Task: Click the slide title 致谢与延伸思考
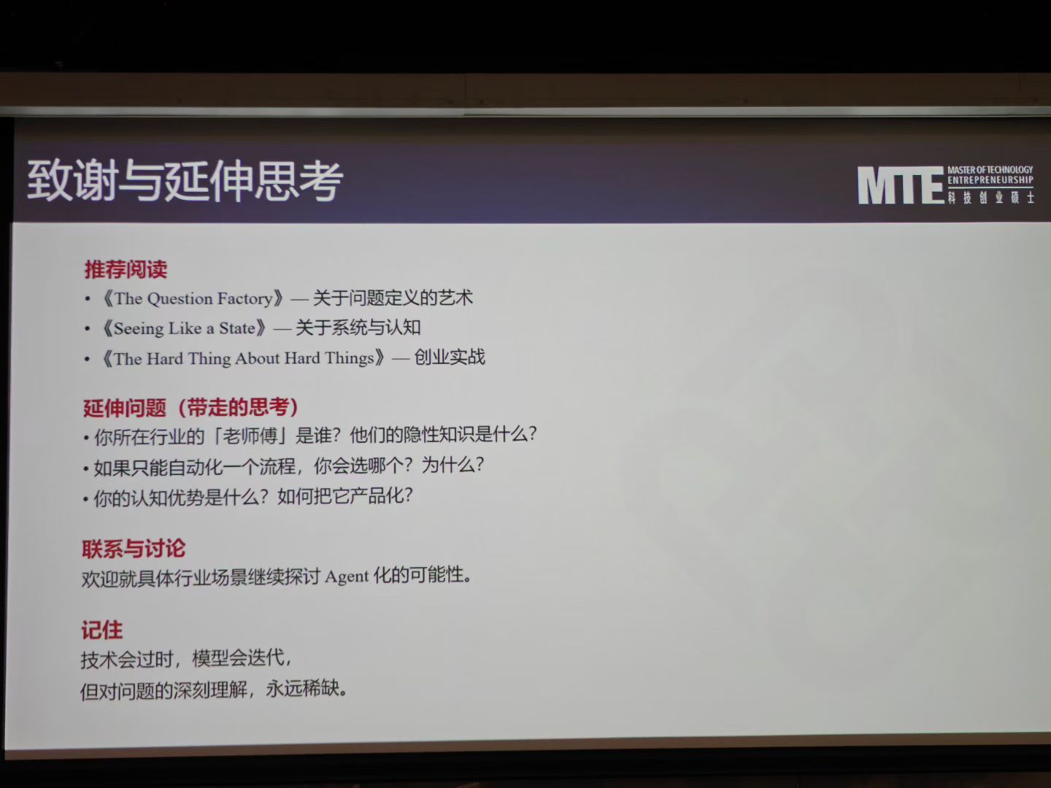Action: pyautogui.click(x=185, y=180)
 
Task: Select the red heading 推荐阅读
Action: pyautogui.click(x=126, y=269)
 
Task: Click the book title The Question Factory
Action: pyautogui.click(x=193, y=298)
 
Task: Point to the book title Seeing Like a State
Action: pyautogui.click(x=185, y=328)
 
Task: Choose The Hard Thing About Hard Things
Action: pyautogui.click(x=244, y=358)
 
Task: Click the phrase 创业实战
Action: pyautogui.click(x=449, y=357)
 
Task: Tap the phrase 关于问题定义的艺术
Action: pyautogui.click(x=393, y=298)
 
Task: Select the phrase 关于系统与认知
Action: pyautogui.click(x=358, y=328)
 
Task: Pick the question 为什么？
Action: pyautogui.click(x=453, y=465)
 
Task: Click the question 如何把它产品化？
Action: pyautogui.click(x=344, y=496)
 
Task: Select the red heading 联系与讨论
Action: pyautogui.click(x=134, y=548)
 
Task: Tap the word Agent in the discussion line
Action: pyautogui.click(x=347, y=577)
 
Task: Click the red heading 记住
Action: pyautogui.click(x=102, y=630)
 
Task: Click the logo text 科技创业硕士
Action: pyautogui.click(x=990, y=198)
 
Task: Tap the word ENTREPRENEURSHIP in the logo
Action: pyautogui.click(x=990, y=180)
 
